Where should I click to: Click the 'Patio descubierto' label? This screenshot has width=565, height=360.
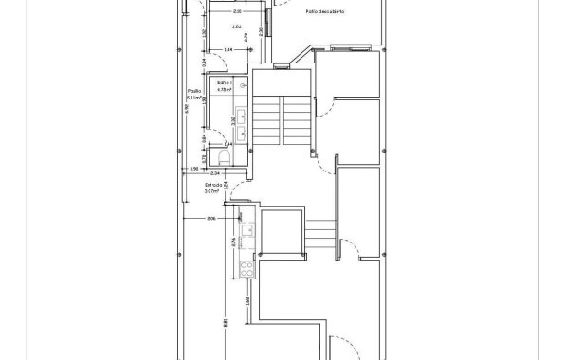(x=325, y=12)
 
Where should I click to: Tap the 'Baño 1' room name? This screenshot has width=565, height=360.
(x=224, y=83)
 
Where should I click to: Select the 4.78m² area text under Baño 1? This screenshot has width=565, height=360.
(x=225, y=91)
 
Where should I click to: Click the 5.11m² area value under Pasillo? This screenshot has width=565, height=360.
(x=193, y=97)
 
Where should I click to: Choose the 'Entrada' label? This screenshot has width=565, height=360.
(x=212, y=185)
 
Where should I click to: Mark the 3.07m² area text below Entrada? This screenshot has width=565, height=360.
(x=212, y=191)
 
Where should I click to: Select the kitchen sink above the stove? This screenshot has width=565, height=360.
(x=246, y=229)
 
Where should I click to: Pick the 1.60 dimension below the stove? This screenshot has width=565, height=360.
(x=245, y=300)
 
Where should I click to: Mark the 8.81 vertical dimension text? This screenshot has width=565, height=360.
(x=225, y=323)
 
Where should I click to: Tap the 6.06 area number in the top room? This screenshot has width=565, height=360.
(x=209, y=27)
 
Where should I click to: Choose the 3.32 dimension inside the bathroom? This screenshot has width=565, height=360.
(x=233, y=120)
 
